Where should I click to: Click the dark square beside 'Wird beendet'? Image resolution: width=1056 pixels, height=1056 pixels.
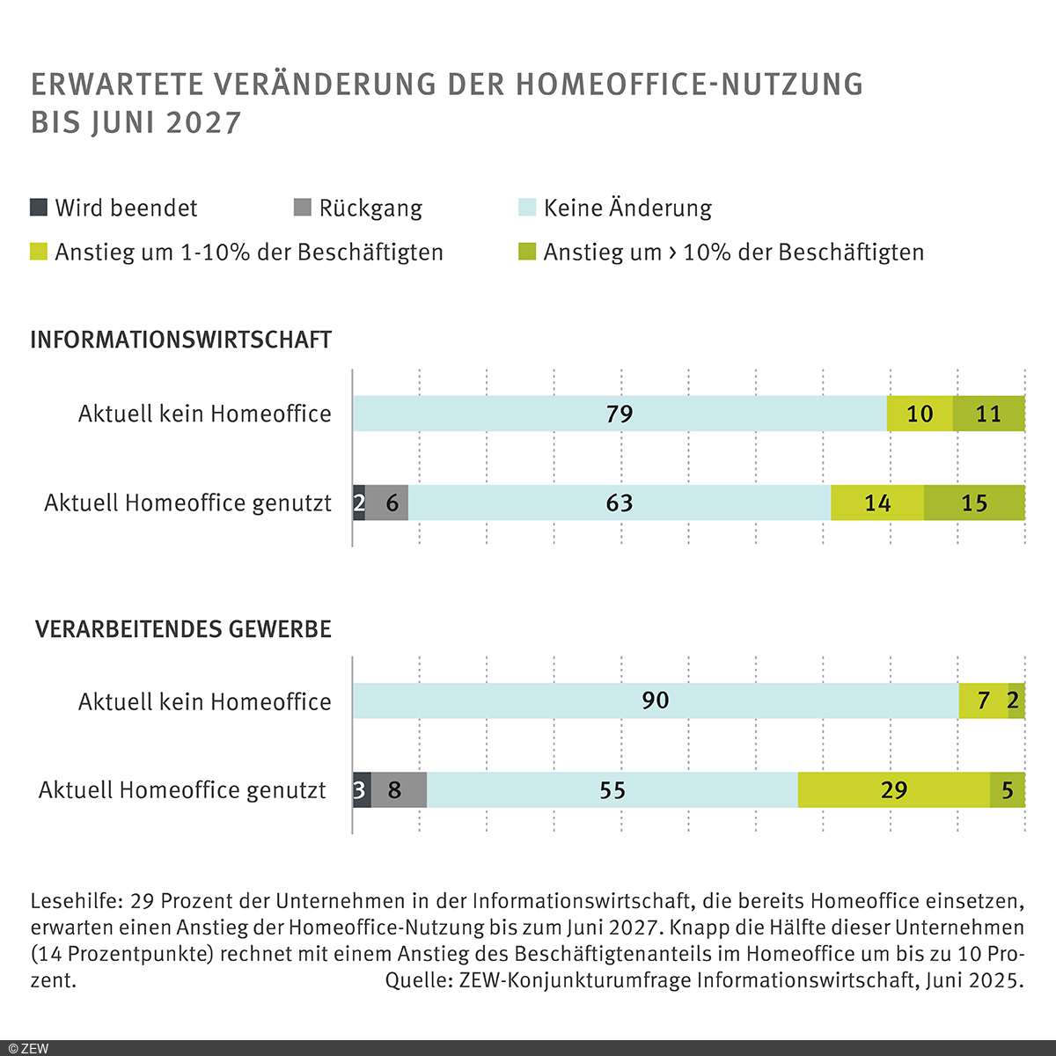click(39, 208)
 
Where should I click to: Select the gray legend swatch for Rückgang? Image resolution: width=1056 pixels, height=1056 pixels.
click(302, 208)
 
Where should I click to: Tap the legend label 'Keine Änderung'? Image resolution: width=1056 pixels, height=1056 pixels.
click(627, 209)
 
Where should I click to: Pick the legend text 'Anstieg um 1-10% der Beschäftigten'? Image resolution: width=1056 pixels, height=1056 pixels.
click(249, 253)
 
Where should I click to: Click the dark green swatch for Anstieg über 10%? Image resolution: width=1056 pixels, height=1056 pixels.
click(527, 252)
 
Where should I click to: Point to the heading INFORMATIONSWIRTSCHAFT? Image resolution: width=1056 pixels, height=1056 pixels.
click(181, 340)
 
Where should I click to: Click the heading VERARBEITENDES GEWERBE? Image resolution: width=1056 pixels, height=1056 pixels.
click(183, 629)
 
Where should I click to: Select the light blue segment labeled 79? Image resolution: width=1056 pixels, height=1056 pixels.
click(620, 414)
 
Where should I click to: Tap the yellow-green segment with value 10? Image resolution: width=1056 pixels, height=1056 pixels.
click(920, 414)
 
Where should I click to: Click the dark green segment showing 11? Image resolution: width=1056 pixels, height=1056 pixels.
click(989, 414)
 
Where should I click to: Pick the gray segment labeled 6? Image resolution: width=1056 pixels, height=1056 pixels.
click(387, 502)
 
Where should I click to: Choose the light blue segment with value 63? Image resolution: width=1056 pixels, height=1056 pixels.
click(620, 502)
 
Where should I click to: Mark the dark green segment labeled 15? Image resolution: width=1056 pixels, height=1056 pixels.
click(974, 502)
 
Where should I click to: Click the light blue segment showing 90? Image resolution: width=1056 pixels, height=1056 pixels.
click(656, 700)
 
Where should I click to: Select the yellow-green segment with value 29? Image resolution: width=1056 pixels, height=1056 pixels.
click(894, 789)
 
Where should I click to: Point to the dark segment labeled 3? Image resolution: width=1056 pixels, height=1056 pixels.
click(361, 789)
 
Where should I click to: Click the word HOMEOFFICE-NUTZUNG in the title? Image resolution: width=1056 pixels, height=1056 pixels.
click(689, 84)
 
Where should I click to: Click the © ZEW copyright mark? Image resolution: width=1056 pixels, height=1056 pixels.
click(29, 1048)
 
